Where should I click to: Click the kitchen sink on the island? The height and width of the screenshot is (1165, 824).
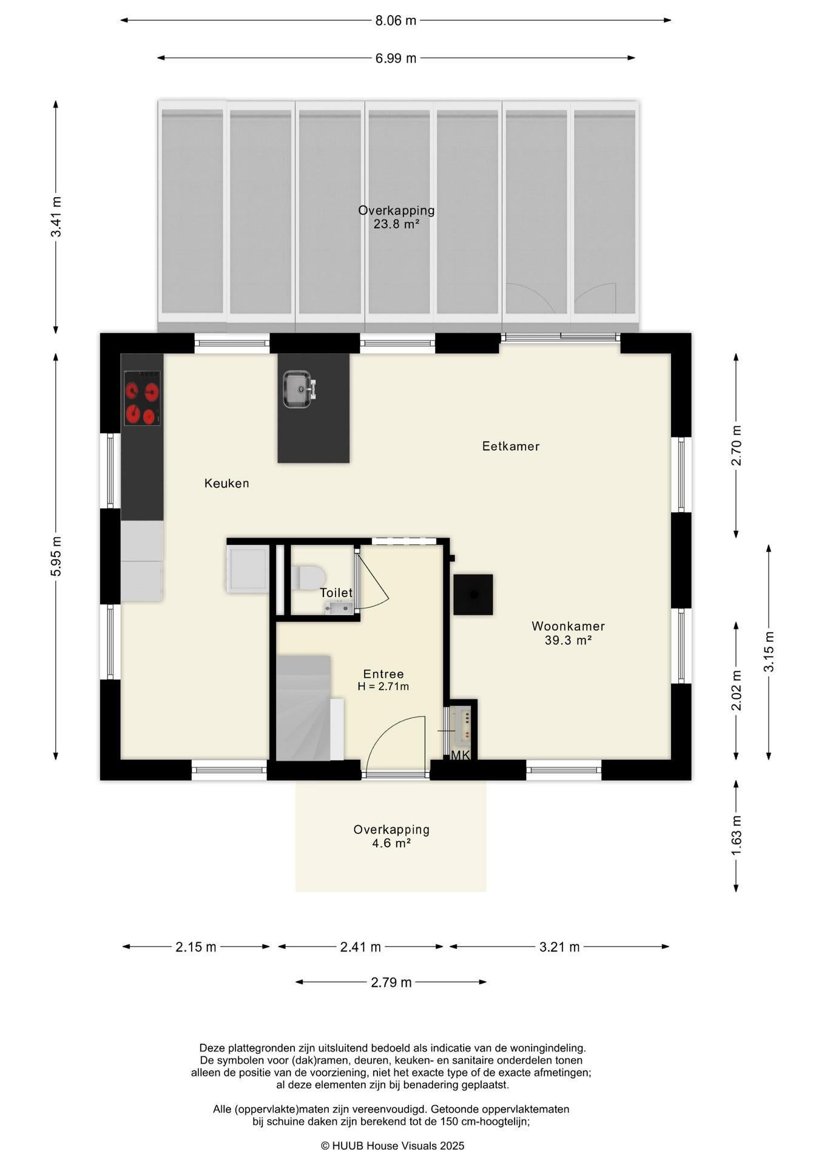298,389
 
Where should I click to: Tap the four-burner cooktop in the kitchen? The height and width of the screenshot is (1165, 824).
143,398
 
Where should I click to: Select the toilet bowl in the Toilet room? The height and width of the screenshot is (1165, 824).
308,578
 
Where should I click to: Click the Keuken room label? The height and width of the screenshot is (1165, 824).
226,484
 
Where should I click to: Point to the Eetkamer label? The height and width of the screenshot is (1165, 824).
511,447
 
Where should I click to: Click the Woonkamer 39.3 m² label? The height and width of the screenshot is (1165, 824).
568,633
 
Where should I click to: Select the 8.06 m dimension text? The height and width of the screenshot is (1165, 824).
396,21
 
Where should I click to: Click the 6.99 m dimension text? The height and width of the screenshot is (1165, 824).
396,58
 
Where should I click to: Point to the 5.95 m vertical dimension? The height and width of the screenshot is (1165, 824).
56,556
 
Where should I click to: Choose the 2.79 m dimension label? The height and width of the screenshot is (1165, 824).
391,982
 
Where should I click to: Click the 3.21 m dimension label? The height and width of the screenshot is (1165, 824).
559,947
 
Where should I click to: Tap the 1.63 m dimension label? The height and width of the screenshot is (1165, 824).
736,836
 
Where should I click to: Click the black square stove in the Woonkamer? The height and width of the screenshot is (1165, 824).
473,595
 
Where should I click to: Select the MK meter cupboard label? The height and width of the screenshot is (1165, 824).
461,755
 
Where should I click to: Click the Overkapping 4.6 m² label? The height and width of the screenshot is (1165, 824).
391,836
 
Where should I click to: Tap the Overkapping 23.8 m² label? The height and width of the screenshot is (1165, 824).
396,217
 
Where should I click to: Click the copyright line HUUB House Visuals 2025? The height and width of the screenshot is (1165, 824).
393,1146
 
